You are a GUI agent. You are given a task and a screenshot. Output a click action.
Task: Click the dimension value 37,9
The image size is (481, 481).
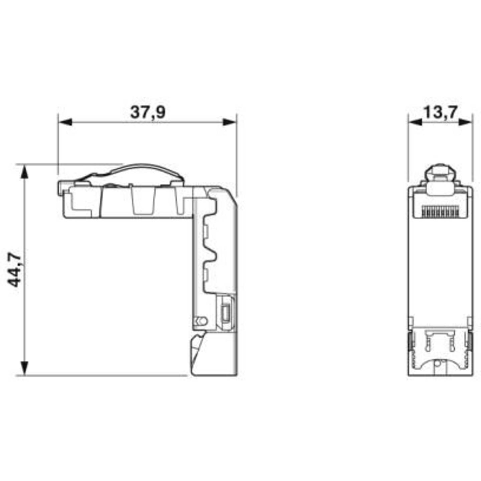(x=148, y=113)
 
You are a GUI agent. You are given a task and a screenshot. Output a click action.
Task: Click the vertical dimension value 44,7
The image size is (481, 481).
(x=15, y=270)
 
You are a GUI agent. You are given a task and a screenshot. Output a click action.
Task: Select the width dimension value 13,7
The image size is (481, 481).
(x=440, y=113)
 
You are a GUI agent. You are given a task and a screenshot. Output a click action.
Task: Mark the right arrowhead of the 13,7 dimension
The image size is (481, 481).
(x=466, y=122)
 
